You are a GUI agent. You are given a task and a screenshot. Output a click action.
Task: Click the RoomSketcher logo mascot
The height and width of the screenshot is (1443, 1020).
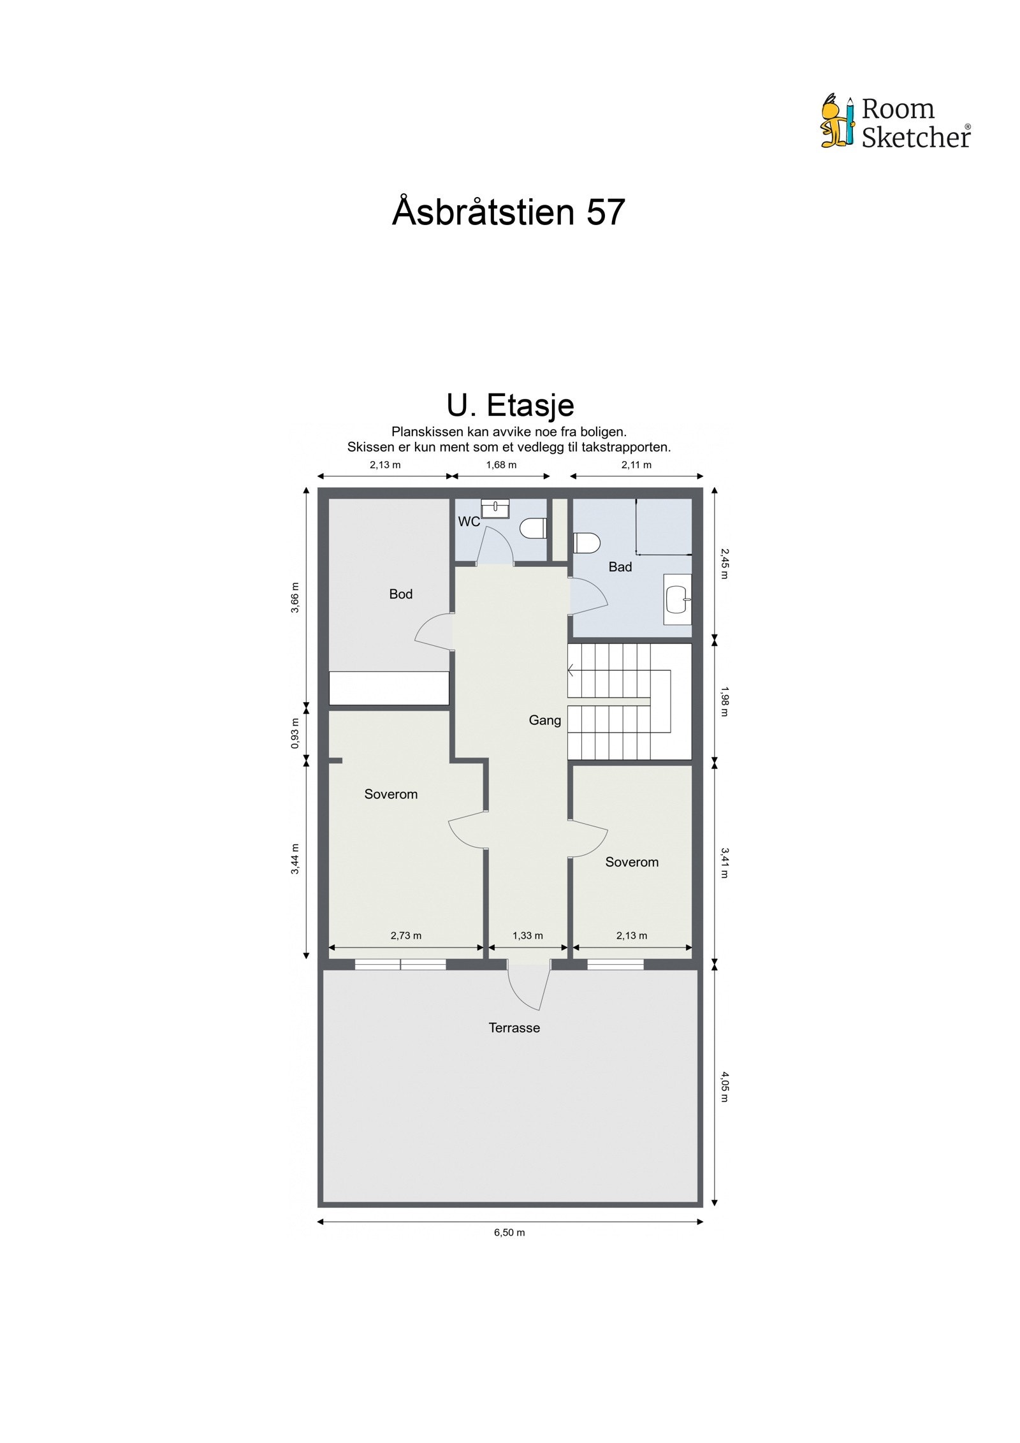pos(836,122)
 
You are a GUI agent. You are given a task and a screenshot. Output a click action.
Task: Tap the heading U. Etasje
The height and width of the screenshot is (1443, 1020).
pos(509,405)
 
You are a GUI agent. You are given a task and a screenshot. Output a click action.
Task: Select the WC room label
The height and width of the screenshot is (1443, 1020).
pos(469,522)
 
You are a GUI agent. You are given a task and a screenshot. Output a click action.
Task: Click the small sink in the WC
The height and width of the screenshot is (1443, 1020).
pos(495,508)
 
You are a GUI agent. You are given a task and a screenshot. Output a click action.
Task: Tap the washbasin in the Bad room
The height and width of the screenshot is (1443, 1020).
pos(677,599)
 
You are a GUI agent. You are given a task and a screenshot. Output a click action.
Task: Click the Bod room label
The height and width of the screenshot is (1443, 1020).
pos(400,594)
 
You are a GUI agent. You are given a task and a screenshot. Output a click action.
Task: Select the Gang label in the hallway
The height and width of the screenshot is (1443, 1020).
pos(544,721)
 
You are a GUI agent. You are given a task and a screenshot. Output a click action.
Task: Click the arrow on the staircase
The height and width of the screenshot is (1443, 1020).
pos(572,670)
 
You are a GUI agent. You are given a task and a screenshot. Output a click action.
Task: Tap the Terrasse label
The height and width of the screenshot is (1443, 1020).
pos(514,1028)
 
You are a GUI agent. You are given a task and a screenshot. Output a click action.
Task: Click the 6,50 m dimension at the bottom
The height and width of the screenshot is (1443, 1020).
pos(509,1233)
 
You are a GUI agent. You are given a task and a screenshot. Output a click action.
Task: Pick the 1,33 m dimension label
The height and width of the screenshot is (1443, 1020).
pos(527,936)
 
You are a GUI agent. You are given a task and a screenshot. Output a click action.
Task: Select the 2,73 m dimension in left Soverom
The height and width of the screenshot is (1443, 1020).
pos(405,936)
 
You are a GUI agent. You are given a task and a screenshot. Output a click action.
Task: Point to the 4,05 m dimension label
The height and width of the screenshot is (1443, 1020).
pos(724,1087)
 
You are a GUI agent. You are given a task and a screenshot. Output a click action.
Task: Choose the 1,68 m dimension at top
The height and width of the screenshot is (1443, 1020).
pos(501,465)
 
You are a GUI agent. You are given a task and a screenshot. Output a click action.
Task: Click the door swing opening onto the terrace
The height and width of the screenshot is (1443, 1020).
pos(528,987)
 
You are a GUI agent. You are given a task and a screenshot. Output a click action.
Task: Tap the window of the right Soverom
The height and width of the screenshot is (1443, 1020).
pos(615,965)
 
